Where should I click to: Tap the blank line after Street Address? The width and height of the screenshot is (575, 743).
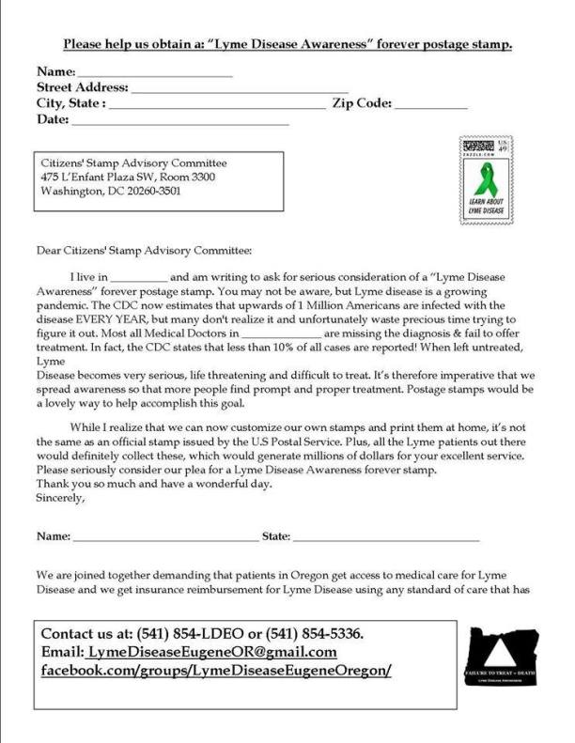click(241, 90)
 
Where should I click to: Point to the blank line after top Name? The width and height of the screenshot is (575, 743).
click(154, 74)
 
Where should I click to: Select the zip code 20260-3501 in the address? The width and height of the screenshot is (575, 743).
click(152, 192)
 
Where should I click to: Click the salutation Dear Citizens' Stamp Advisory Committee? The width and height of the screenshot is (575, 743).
click(144, 251)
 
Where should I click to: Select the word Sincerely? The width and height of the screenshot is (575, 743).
click(60, 499)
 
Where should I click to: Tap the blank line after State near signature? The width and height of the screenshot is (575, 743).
click(386, 538)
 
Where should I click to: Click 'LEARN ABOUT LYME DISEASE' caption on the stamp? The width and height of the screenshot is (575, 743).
click(487, 208)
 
